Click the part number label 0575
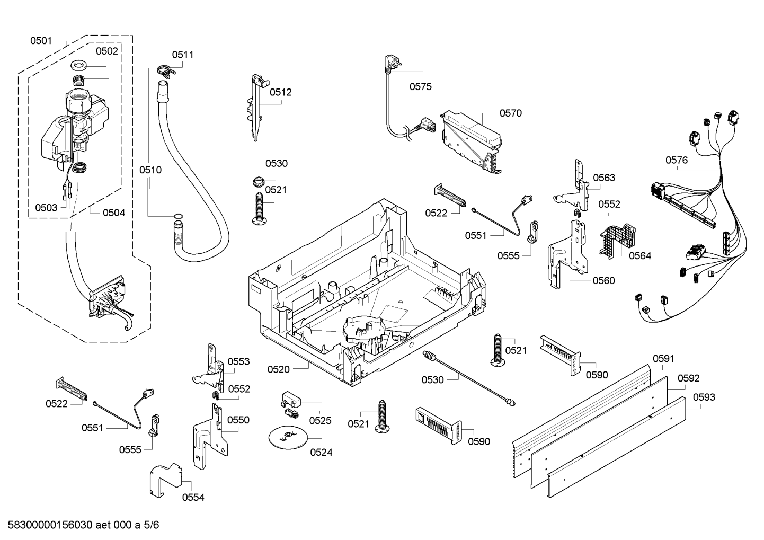tap(420, 86)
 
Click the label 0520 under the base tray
tap(278, 369)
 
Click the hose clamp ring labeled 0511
tap(163, 69)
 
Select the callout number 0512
tap(280, 92)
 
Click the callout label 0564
tap(639, 255)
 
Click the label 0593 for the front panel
tap(704, 397)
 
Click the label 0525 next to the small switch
tap(320, 420)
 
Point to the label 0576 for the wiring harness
tap(677, 160)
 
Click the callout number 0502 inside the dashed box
tap(107, 51)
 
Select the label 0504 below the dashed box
tap(114, 213)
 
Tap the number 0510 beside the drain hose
tap(150, 170)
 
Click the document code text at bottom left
tap(80, 525)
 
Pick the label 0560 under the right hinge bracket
tap(603, 280)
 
